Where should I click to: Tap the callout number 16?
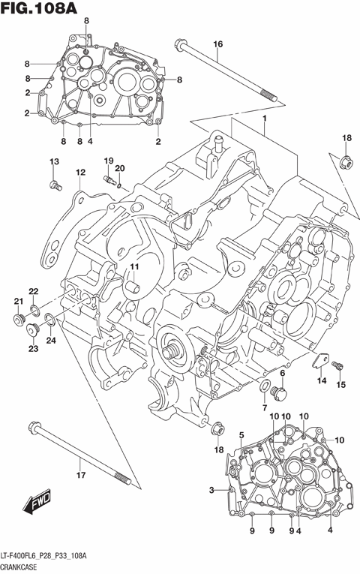click(x=217, y=44)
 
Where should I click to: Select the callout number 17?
click(x=80, y=473)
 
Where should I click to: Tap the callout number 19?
click(x=108, y=161)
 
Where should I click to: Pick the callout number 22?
click(x=34, y=291)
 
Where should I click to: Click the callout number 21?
click(x=16, y=302)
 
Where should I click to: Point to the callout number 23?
click(x=34, y=348)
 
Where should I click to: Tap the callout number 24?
click(x=51, y=341)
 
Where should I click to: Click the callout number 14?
click(x=321, y=382)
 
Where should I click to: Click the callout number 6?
click(x=283, y=373)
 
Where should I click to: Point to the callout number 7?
click(x=264, y=407)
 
